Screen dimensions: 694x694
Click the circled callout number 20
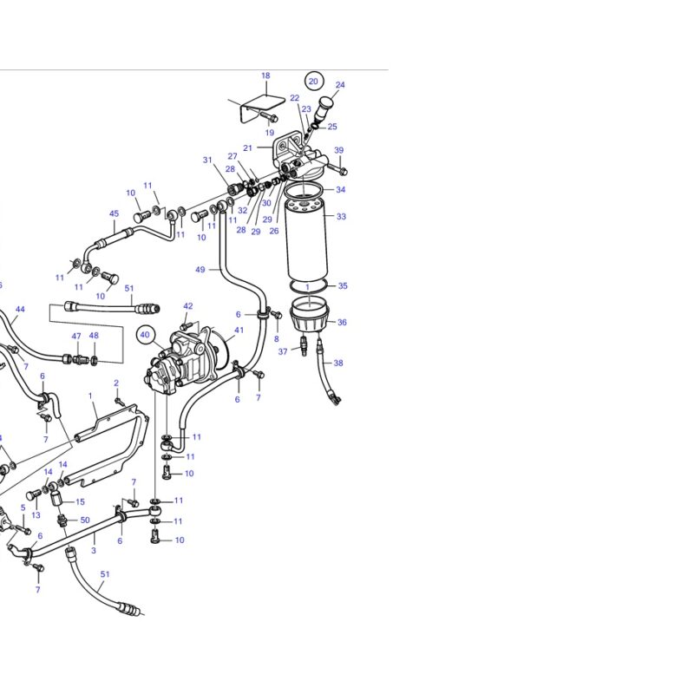pos(313,82)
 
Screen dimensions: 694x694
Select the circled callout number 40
pos(145,335)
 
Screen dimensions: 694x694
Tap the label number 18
pos(265,75)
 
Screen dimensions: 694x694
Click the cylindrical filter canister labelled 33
pos(307,239)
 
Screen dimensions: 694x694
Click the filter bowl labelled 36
pos(309,313)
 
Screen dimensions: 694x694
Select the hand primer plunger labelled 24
pos(324,108)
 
